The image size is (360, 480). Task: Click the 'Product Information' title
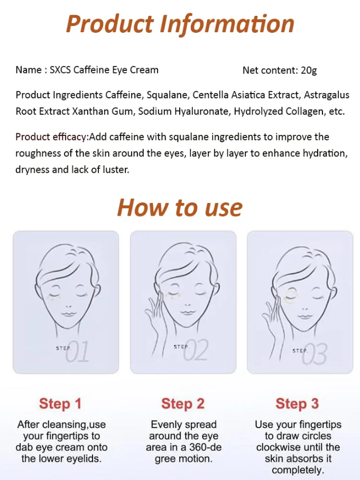180,24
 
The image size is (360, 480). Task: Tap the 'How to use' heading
180,208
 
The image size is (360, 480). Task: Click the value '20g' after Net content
309,70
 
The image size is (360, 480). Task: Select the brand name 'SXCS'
60,70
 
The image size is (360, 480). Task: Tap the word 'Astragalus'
326,95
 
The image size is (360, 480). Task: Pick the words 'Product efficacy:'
52,136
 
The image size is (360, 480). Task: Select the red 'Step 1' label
60,403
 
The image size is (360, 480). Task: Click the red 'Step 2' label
183,403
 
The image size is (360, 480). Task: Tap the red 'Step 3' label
297,403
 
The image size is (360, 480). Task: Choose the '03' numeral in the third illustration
315,354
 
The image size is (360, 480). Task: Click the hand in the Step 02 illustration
156,312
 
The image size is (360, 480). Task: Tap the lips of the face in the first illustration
68,314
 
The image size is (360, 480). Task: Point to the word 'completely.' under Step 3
298,470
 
